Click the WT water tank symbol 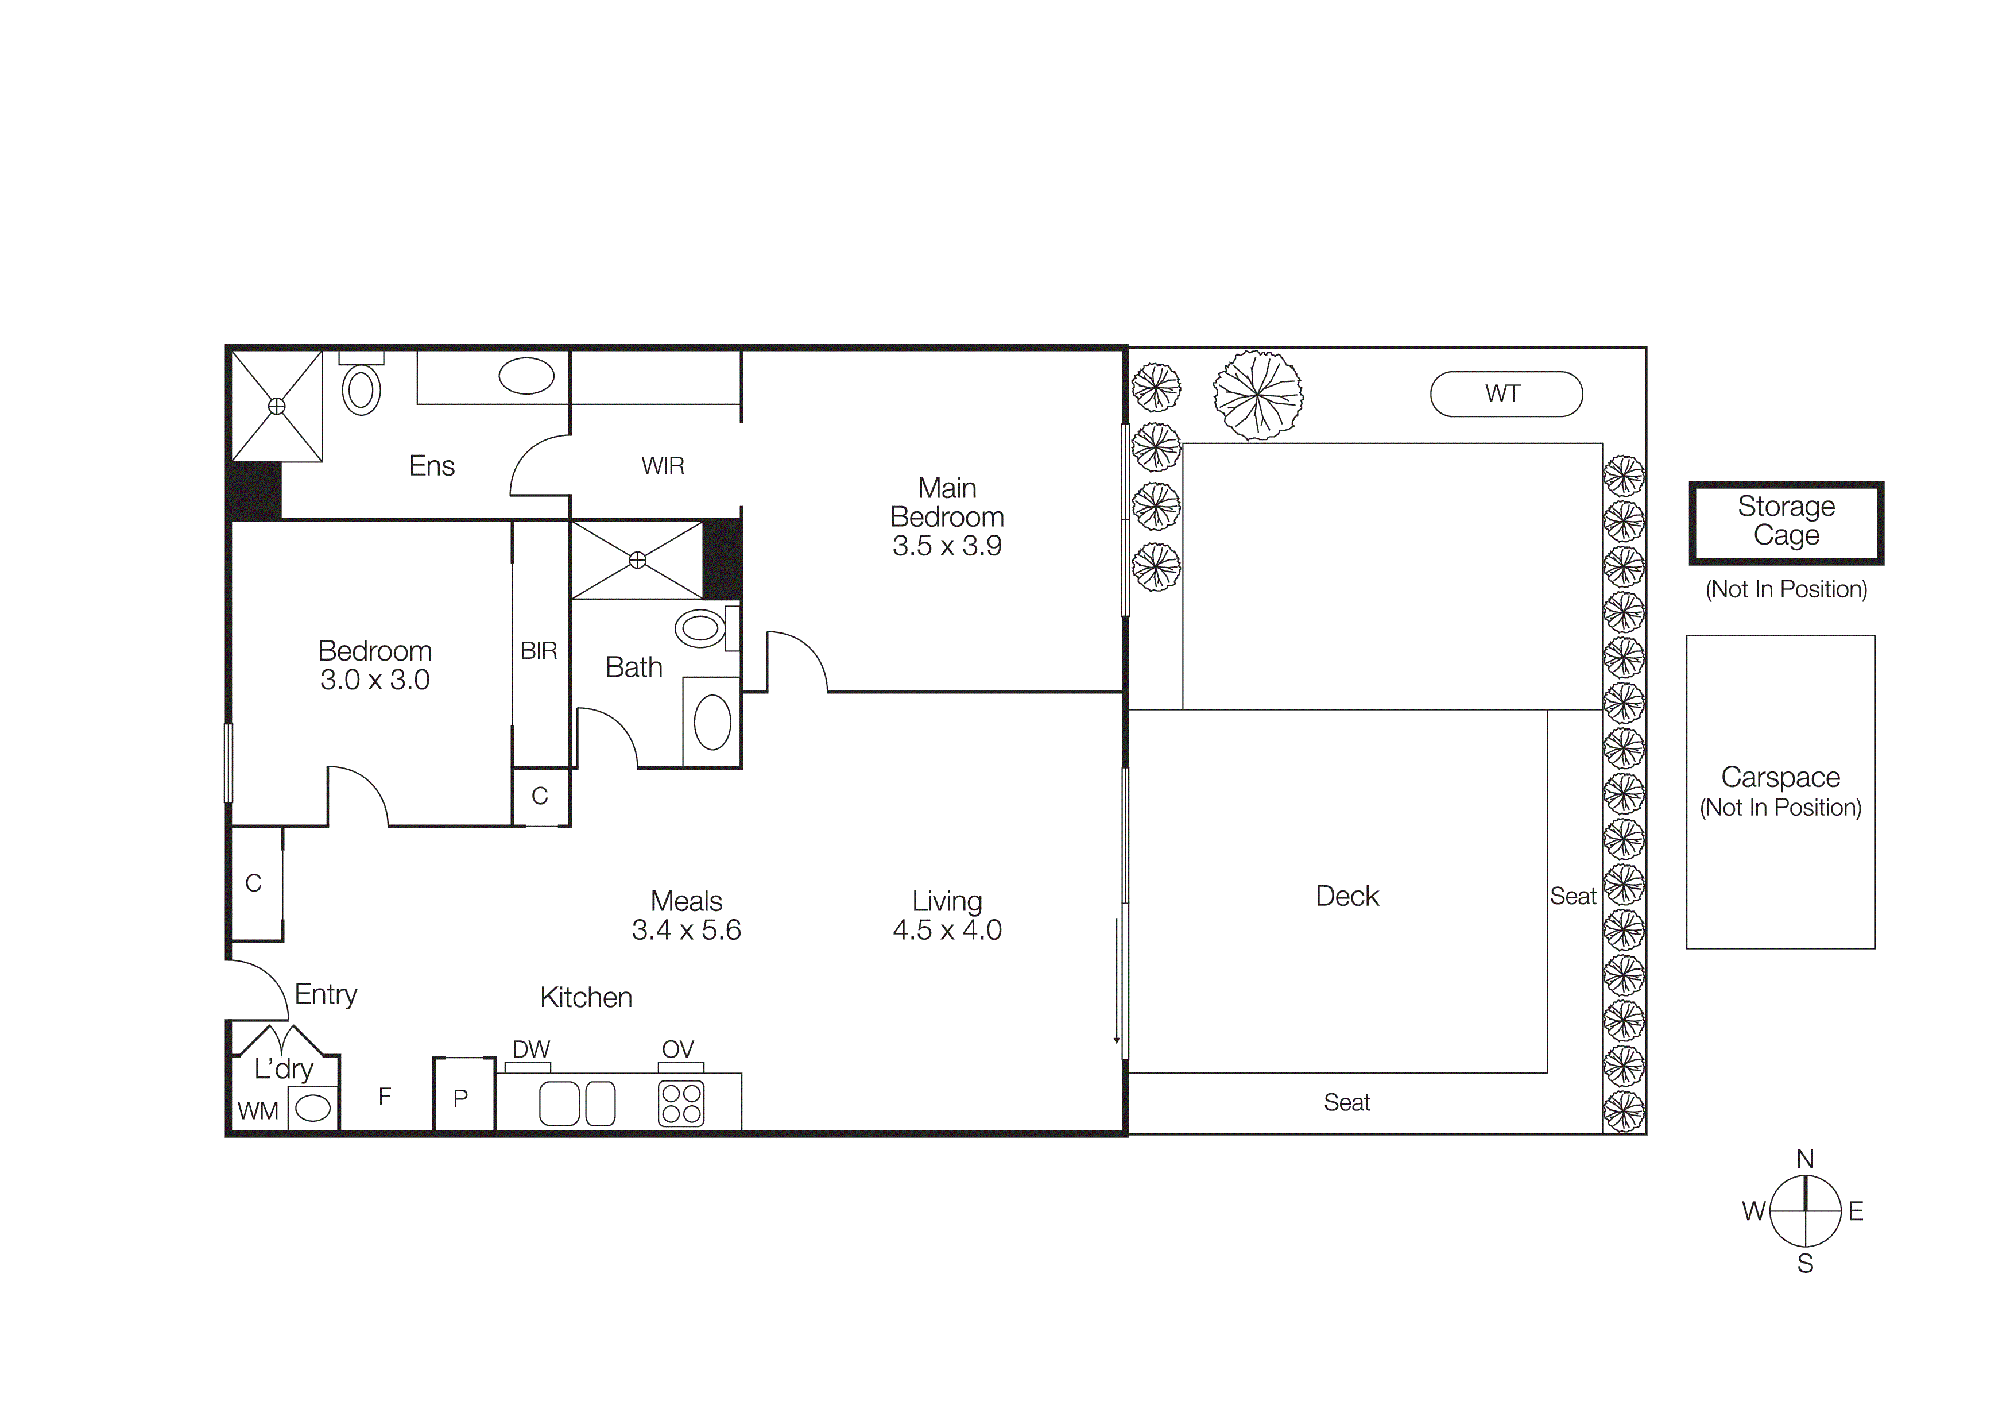[x=1505, y=394]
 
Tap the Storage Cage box [x=1786, y=522]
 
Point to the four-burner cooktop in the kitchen [x=681, y=1103]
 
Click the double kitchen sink [x=576, y=1103]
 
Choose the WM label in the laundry [x=258, y=1112]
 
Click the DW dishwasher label [x=530, y=1049]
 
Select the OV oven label [x=678, y=1049]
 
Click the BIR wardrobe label [x=539, y=651]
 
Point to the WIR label [x=663, y=466]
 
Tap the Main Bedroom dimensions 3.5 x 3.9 [x=947, y=546]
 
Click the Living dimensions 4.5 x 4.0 [x=947, y=930]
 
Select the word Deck [x=1347, y=896]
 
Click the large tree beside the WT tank [x=1258, y=395]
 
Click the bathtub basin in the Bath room [x=712, y=722]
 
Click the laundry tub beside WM [x=313, y=1109]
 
